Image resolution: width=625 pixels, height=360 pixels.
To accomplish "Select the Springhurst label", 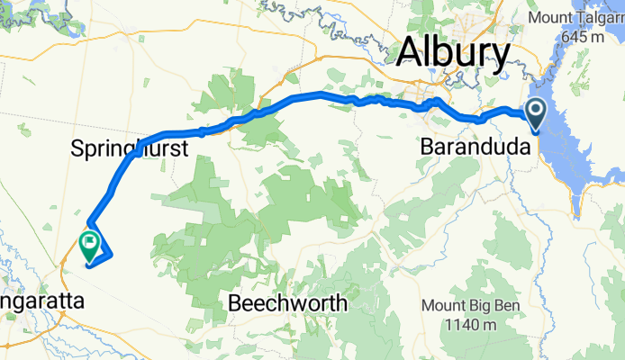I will [129, 148].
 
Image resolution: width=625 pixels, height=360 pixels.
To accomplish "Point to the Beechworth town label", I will [288, 303].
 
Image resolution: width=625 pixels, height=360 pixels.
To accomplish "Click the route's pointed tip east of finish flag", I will [111, 256].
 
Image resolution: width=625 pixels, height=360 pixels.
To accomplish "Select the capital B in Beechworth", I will [237, 303].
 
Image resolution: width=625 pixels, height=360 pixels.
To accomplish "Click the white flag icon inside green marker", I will [90, 241].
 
